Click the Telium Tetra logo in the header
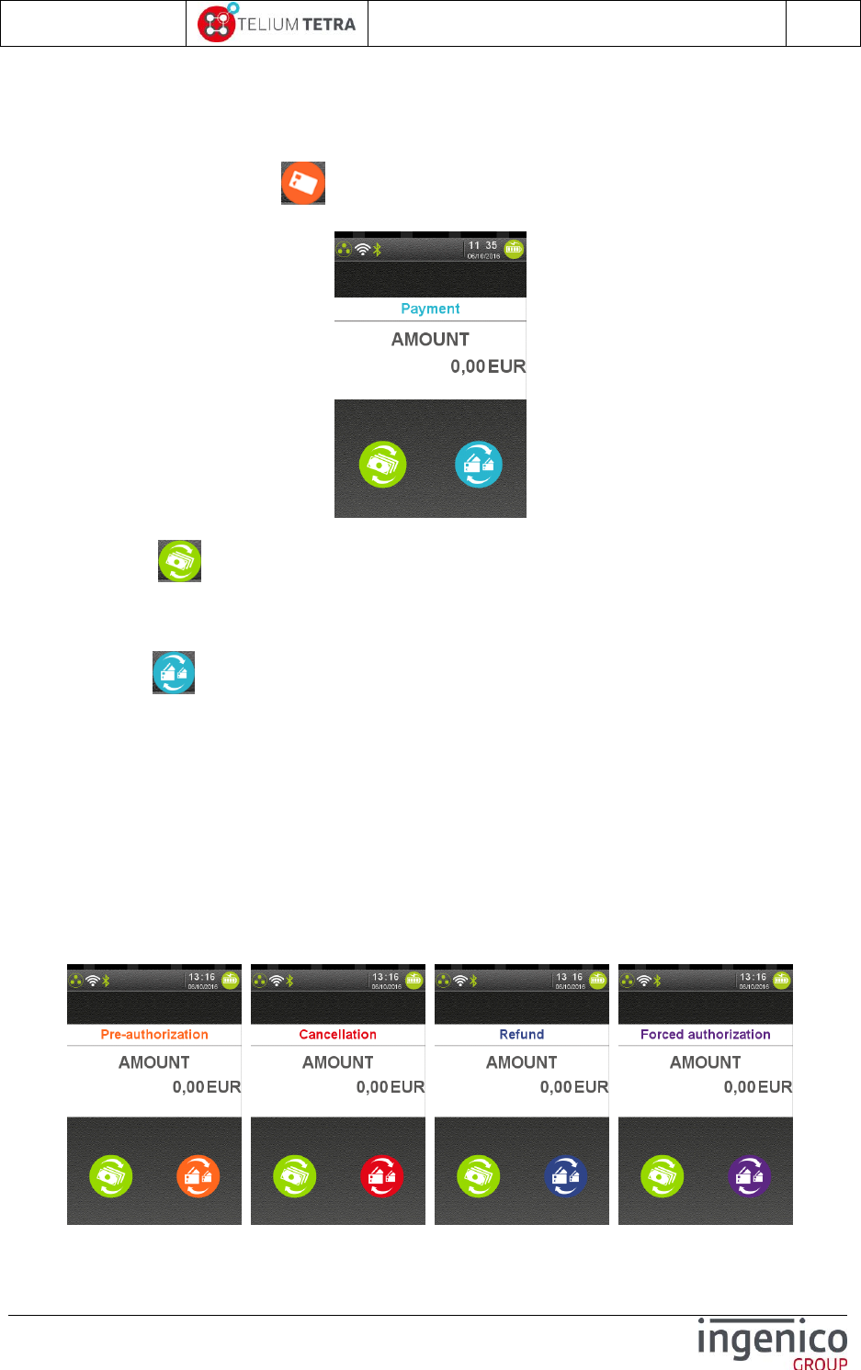[277, 24]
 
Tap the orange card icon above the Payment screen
[303, 183]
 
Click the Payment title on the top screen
[430, 309]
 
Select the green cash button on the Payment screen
[382, 464]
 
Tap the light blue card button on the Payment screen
[479, 464]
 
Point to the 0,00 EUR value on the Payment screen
[487, 366]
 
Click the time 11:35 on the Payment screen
[482, 245]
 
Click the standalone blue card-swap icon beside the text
[174, 672]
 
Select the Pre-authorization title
[154, 1034]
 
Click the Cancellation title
[338, 1034]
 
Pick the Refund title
[522, 1034]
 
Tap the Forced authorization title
[706, 1034]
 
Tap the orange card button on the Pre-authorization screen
[198, 1176]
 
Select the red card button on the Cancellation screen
[382, 1176]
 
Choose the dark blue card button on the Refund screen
[566, 1176]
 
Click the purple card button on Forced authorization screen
[750, 1176]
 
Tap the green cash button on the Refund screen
[478, 1176]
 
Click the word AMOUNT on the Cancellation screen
[338, 1062]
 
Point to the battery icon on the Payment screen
[514, 248]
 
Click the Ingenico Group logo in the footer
[772, 1342]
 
